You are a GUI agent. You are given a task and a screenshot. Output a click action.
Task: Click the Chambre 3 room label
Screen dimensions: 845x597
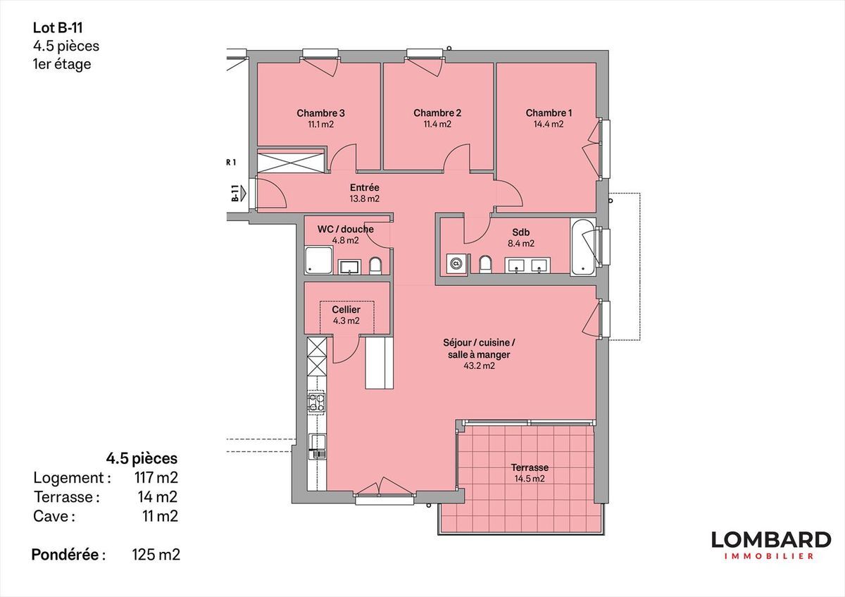coord(320,113)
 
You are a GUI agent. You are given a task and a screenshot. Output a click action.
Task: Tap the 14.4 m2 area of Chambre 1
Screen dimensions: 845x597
coord(549,124)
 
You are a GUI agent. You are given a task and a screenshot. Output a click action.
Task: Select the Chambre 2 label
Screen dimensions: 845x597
coord(437,113)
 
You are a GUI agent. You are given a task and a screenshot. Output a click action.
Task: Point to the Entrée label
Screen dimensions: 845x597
coord(365,187)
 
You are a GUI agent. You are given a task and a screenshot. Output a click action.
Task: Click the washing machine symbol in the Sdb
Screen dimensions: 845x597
coord(456,263)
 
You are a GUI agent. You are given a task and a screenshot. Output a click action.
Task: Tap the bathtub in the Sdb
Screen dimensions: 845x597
coord(583,246)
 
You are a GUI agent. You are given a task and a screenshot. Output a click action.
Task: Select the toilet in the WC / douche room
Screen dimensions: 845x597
coord(375,266)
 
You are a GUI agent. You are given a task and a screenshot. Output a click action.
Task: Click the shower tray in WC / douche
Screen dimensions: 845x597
coord(318,260)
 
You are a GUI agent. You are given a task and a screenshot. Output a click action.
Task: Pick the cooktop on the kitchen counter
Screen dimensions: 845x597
coord(317,403)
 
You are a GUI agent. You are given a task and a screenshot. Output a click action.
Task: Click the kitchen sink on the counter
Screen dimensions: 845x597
coord(317,446)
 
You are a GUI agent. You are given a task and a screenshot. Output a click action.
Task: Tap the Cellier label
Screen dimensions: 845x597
coord(346,310)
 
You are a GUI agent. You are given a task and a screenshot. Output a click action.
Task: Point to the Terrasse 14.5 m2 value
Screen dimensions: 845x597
coord(530,479)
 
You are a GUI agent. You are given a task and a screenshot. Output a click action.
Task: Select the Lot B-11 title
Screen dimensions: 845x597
coord(58,28)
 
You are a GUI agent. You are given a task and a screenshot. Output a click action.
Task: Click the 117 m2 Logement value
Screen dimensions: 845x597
coord(156,478)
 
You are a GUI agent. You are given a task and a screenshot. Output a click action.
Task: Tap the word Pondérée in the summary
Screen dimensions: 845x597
coord(65,555)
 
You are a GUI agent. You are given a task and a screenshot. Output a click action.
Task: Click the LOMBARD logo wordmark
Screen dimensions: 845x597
coord(771,540)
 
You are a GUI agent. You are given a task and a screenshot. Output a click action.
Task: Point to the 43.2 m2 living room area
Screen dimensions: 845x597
coord(479,366)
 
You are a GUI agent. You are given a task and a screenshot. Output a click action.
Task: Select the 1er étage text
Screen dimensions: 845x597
coord(62,64)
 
